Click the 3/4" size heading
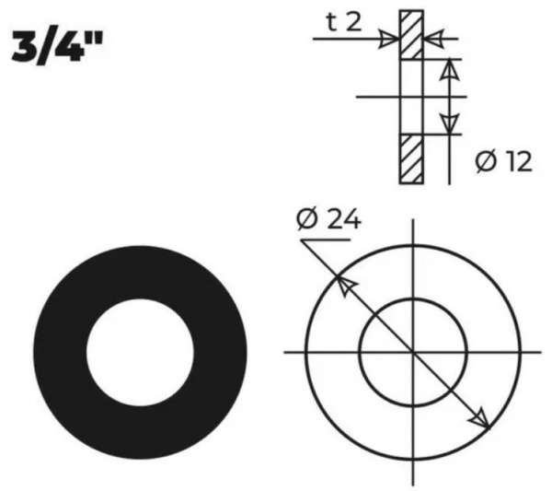click(x=57, y=47)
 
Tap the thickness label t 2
click(x=344, y=23)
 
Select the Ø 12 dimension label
click(x=503, y=162)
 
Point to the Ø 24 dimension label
click(x=328, y=219)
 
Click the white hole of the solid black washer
click(x=140, y=353)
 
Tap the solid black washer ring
click(x=60, y=353)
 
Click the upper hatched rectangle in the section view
click(x=411, y=34)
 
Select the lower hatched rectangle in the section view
click(x=411, y=159)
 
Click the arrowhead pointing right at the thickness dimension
click(x=389, y=38)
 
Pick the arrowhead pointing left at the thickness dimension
click(x=433, y=38)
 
